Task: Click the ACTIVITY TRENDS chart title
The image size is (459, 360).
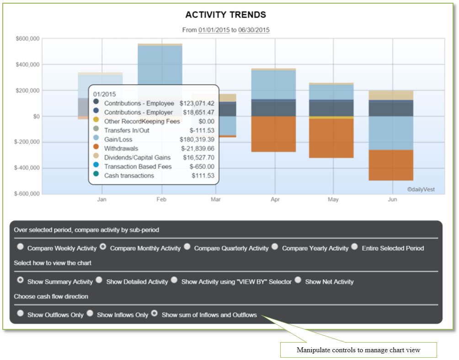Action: point(225,15)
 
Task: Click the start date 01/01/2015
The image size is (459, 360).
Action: point(213,30)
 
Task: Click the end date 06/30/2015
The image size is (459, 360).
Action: point(254,30)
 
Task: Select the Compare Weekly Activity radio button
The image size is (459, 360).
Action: point(20,247)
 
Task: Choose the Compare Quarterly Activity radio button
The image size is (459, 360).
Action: point(187,247)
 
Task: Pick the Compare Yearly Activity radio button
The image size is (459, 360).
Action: point(275,247)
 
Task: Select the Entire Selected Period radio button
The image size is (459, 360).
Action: point(354,247)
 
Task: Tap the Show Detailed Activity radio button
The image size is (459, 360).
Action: point(99,280)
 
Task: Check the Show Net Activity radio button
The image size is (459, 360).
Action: point(298,280)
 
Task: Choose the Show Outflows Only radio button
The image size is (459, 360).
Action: point(20,313)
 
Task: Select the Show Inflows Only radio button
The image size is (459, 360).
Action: point(90,313)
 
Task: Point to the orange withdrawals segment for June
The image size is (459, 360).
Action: point(391,165)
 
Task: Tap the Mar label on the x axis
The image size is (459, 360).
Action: point(216,200)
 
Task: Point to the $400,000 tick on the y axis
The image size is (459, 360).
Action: point(27,64)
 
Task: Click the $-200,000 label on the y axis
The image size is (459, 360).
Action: point(27,142)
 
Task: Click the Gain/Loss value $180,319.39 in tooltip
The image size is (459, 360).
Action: point(197,139)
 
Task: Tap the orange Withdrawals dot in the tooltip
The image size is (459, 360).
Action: point(96,148)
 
